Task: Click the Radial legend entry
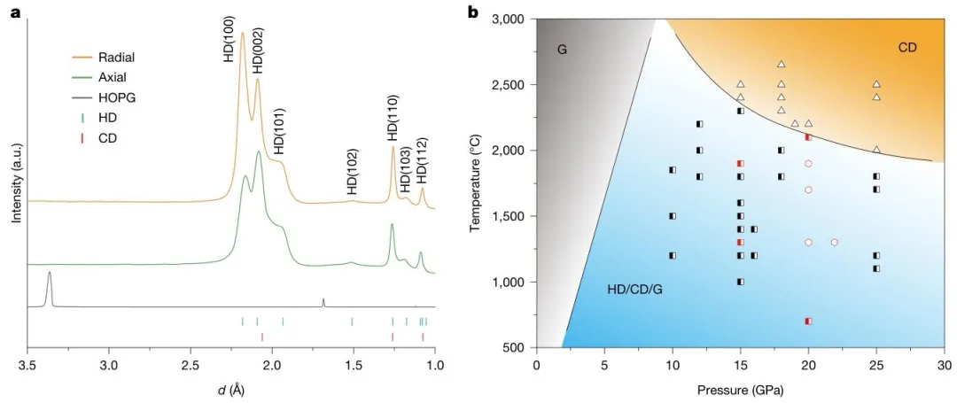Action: pyautogui.click(x=116, y=58)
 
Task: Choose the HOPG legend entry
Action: pyautogui.click(x=116, y=97)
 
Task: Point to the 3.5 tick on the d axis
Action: pyautogui.click(x=27, y=364)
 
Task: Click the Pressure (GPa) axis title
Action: pyautogui.click(x=740, y=389)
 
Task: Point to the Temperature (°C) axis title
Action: pyautogui.click(x=477, y=183)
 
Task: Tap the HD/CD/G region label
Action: pyautogui.click(x=634, y=290)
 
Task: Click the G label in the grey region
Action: pyautogui.click(x=562, y=50)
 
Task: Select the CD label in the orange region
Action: pyautogui.click(x=907, y=47)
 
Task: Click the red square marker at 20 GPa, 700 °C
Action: pyautogui.click(x=808, y=322)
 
